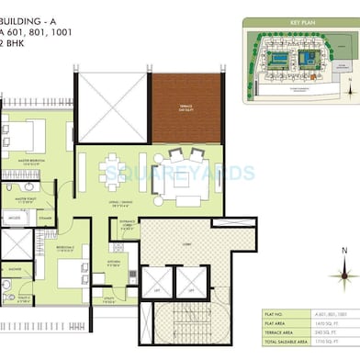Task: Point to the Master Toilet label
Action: pyautogui.click(x=24, y=197)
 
